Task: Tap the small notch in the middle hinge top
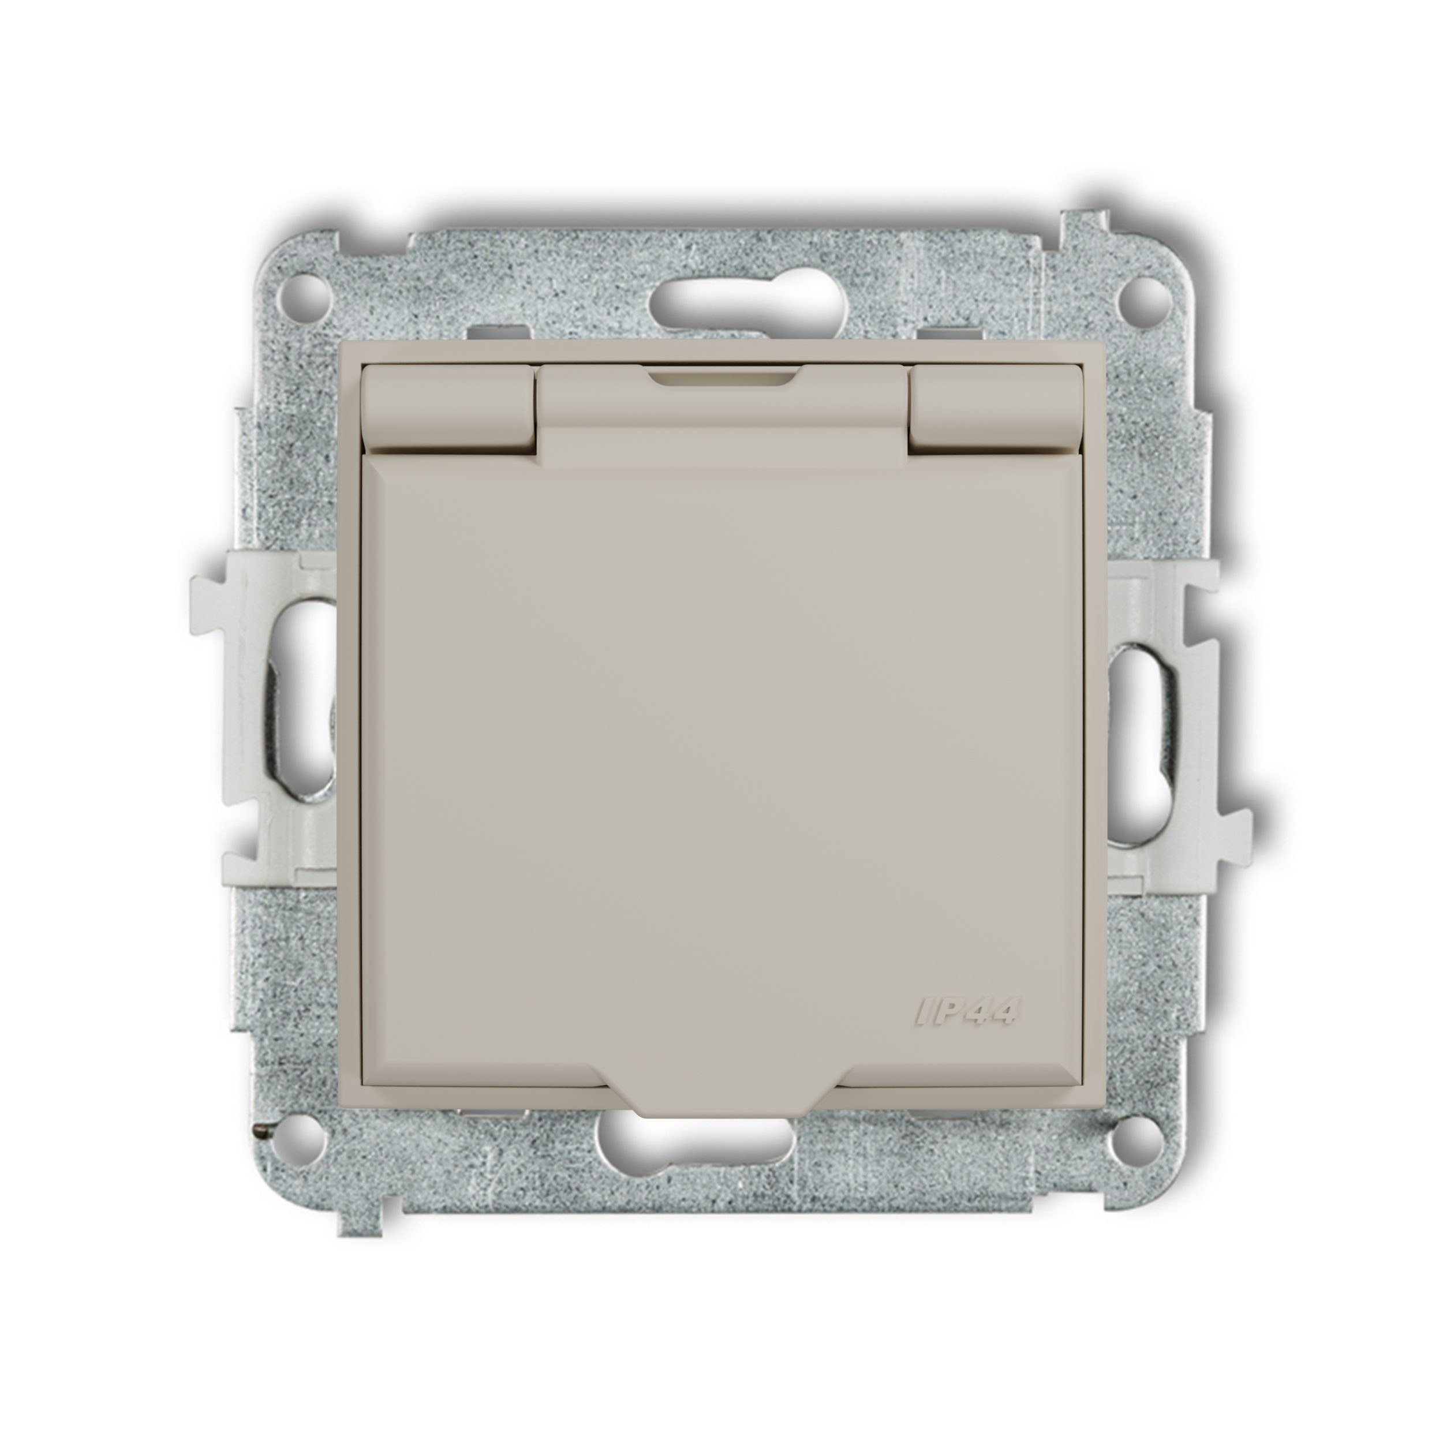(x=722, y=378)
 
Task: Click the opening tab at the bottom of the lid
(x=722, y=1102)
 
